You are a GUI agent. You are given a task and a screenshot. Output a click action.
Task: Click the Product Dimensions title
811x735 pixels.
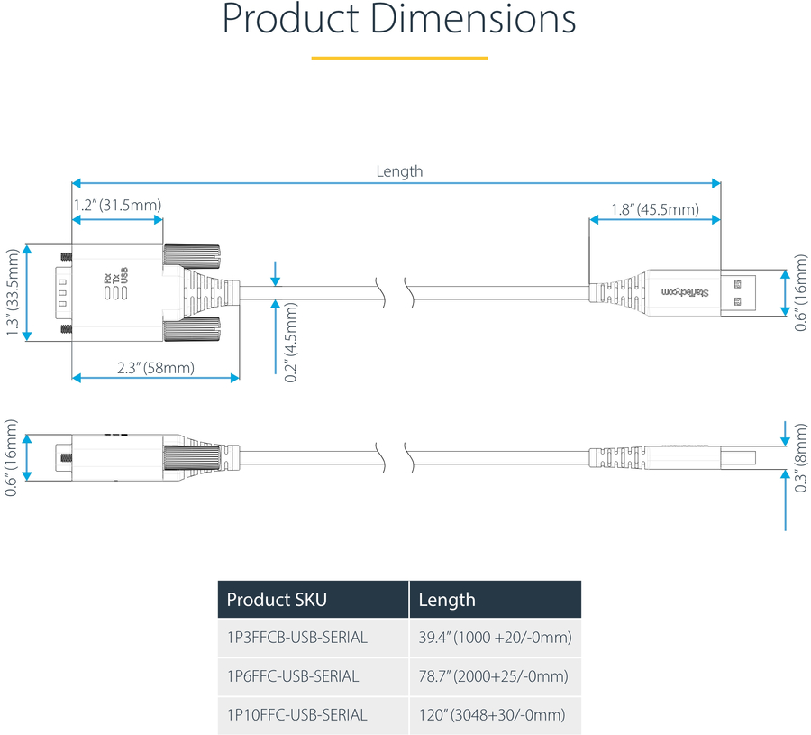399,21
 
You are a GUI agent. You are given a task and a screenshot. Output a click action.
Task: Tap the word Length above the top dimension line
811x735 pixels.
399,171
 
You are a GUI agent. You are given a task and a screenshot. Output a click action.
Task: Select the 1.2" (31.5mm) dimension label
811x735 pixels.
117,205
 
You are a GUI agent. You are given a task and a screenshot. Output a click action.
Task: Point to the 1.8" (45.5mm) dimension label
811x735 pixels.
654,210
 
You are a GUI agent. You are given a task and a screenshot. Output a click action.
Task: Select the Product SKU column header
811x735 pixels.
277,600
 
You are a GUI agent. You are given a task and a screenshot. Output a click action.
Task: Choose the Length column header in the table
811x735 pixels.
447,600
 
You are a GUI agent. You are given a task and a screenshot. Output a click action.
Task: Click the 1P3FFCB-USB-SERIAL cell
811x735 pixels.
297,638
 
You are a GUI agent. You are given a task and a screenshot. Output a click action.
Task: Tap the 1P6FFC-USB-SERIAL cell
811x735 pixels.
293,676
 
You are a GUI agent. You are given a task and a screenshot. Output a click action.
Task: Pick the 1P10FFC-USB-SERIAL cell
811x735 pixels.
297,715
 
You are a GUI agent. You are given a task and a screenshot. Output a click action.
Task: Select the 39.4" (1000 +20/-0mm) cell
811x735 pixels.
495,638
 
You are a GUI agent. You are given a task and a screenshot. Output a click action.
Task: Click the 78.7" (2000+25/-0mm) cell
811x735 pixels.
494,676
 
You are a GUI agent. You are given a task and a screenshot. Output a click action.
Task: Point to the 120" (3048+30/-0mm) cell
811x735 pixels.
492,715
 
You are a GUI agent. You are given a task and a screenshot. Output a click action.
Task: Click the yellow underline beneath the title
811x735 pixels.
399,58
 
